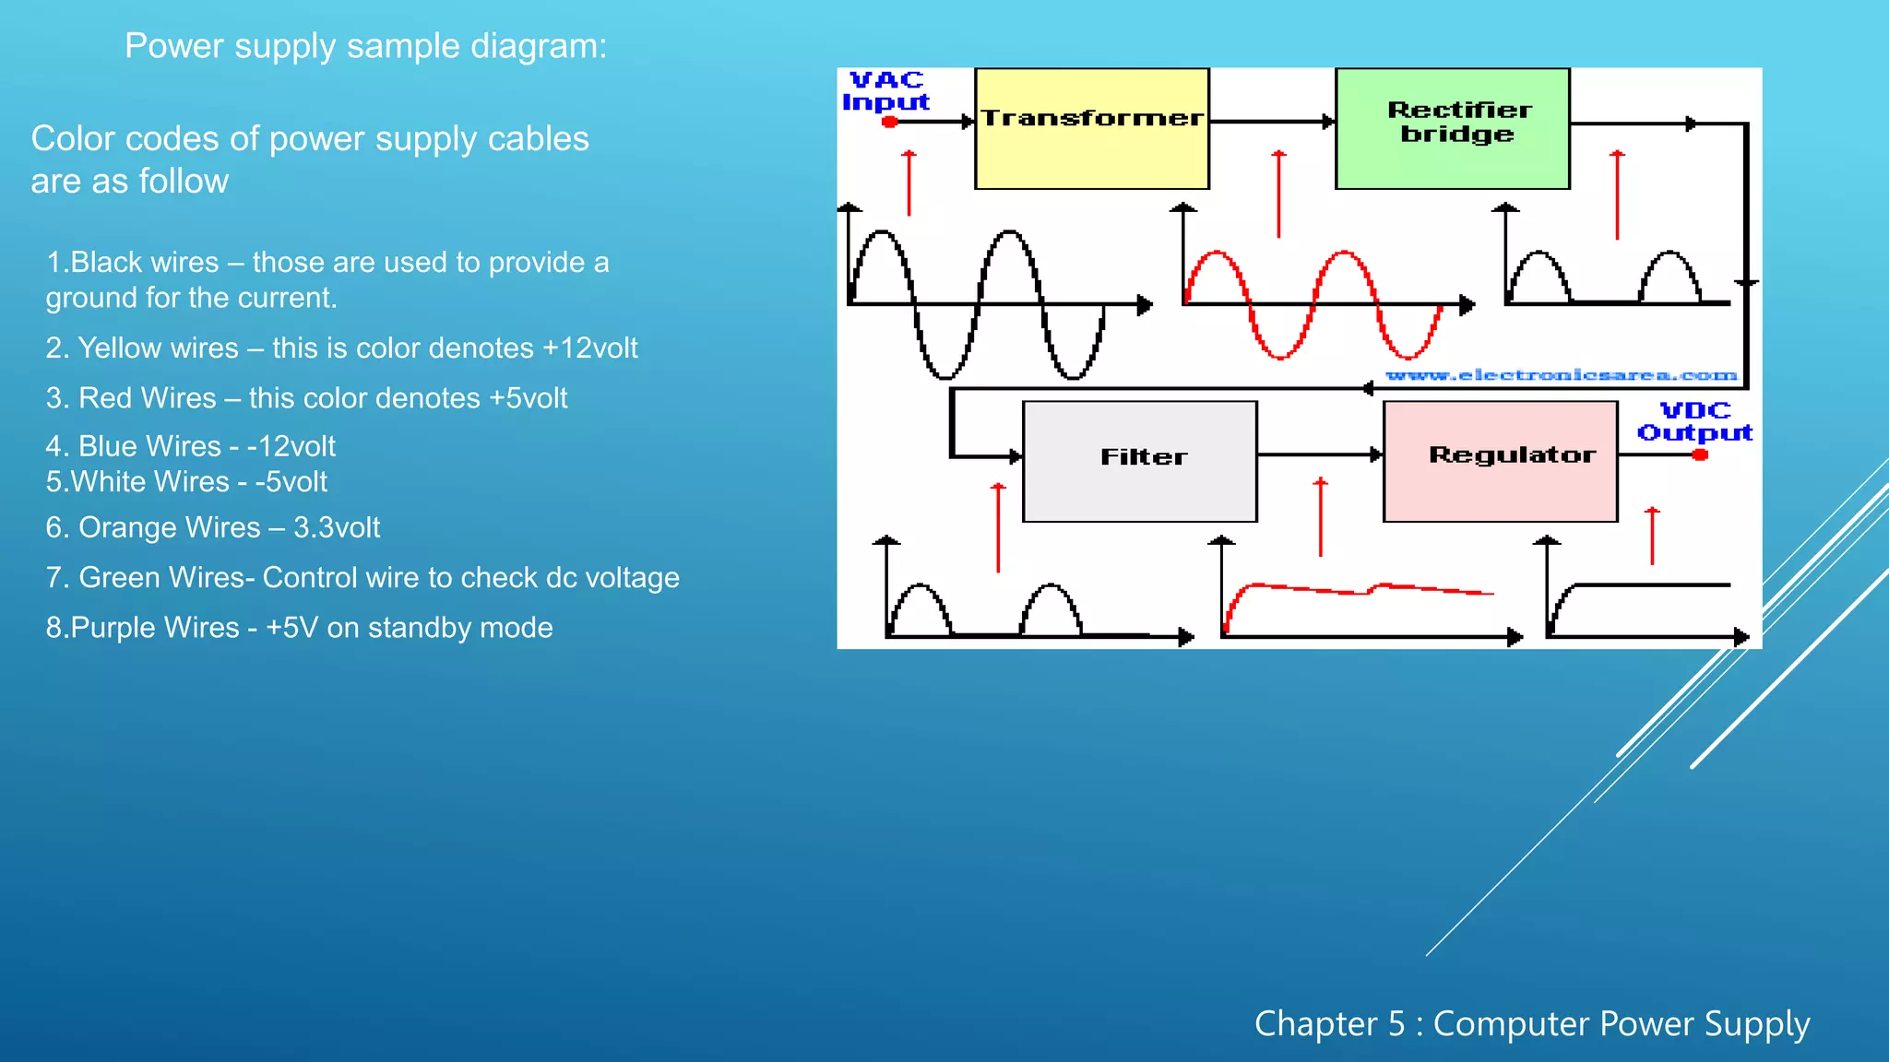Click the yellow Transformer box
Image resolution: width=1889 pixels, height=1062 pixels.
[1092, 129]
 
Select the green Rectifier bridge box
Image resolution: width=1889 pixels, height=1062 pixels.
[1453, 129]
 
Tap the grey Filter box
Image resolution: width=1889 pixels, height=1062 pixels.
[1140, 461]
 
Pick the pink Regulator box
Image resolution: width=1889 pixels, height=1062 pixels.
[1501, 461]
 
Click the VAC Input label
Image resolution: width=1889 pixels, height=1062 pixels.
[886, 91]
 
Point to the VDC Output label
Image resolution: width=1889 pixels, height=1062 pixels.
[1695, 421]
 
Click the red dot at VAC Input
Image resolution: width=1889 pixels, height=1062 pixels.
[889, 122]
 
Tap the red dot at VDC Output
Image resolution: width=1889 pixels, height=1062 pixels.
[1700, 454]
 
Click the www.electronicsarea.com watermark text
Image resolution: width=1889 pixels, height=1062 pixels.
[1562, 375]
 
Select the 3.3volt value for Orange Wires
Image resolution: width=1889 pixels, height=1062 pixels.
[337, 527]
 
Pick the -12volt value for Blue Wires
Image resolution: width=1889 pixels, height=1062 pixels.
[291, 446]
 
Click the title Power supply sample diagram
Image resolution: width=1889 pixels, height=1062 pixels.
[366, 46]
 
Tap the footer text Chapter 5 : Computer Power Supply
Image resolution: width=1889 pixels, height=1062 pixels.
[1532, 1024]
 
